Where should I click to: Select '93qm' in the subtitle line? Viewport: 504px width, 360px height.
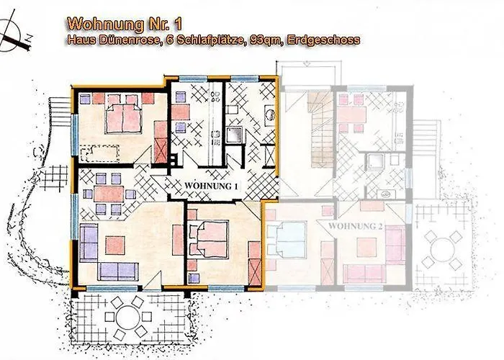266,40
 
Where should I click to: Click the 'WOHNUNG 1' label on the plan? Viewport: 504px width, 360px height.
211,185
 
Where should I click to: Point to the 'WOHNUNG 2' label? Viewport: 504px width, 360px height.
354,225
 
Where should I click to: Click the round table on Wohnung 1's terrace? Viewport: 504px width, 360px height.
127,316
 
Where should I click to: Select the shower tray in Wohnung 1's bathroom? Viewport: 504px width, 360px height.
235,136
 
